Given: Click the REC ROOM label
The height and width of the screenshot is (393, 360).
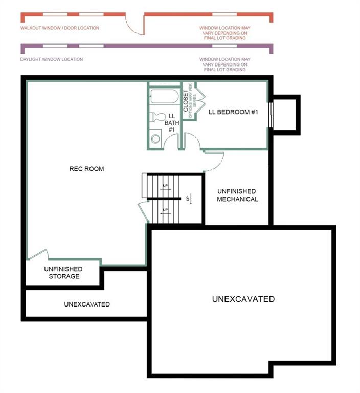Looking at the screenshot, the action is [86, 169].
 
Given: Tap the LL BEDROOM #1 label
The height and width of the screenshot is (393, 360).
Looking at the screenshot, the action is [233, 112].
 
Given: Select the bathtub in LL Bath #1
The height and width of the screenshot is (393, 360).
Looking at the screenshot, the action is [165, 97].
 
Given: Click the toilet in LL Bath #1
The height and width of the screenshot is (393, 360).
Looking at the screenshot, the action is [157, 117].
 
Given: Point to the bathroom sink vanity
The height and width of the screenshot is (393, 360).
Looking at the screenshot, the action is [155, 138].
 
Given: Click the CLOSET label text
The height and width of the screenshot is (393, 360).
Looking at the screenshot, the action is [186, 100].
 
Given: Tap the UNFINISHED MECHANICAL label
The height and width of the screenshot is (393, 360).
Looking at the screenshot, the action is [237, 195].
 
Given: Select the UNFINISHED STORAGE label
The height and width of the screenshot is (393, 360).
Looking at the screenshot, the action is [63, 273].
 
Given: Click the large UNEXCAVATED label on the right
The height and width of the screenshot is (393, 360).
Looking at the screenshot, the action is [243, 299].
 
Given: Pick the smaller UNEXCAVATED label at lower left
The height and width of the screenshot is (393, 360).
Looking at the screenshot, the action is [87, 304].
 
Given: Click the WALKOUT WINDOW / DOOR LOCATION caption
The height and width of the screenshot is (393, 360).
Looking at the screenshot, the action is [60, 28].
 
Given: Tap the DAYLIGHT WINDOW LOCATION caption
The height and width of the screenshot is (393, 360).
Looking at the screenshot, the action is [52, 59].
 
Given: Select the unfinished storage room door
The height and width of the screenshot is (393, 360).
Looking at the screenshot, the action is [38, 254].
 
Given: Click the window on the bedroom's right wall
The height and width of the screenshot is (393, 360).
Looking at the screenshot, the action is [271, 115].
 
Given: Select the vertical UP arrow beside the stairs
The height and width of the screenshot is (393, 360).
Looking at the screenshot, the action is [190, 199].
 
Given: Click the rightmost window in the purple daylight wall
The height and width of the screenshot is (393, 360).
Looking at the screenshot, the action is [224, 46].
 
